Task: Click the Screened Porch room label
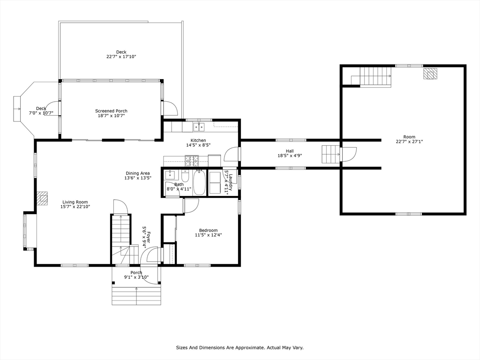coord(111,111)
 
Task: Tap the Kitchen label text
coord(198,141)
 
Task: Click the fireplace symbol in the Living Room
coord(43,198)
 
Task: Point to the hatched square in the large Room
coord(430,74)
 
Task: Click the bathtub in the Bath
coord(200,183)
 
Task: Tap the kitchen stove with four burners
coord(192,161)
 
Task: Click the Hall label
coord(290,151)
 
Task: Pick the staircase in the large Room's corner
coord(375,76)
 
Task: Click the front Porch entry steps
coord(136,295)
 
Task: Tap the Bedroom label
coord(208,230)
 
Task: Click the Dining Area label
coord(137,173)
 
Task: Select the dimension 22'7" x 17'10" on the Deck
coord(121,57)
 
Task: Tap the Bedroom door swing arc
coord(192,205)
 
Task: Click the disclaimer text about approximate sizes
coord(240,348)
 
